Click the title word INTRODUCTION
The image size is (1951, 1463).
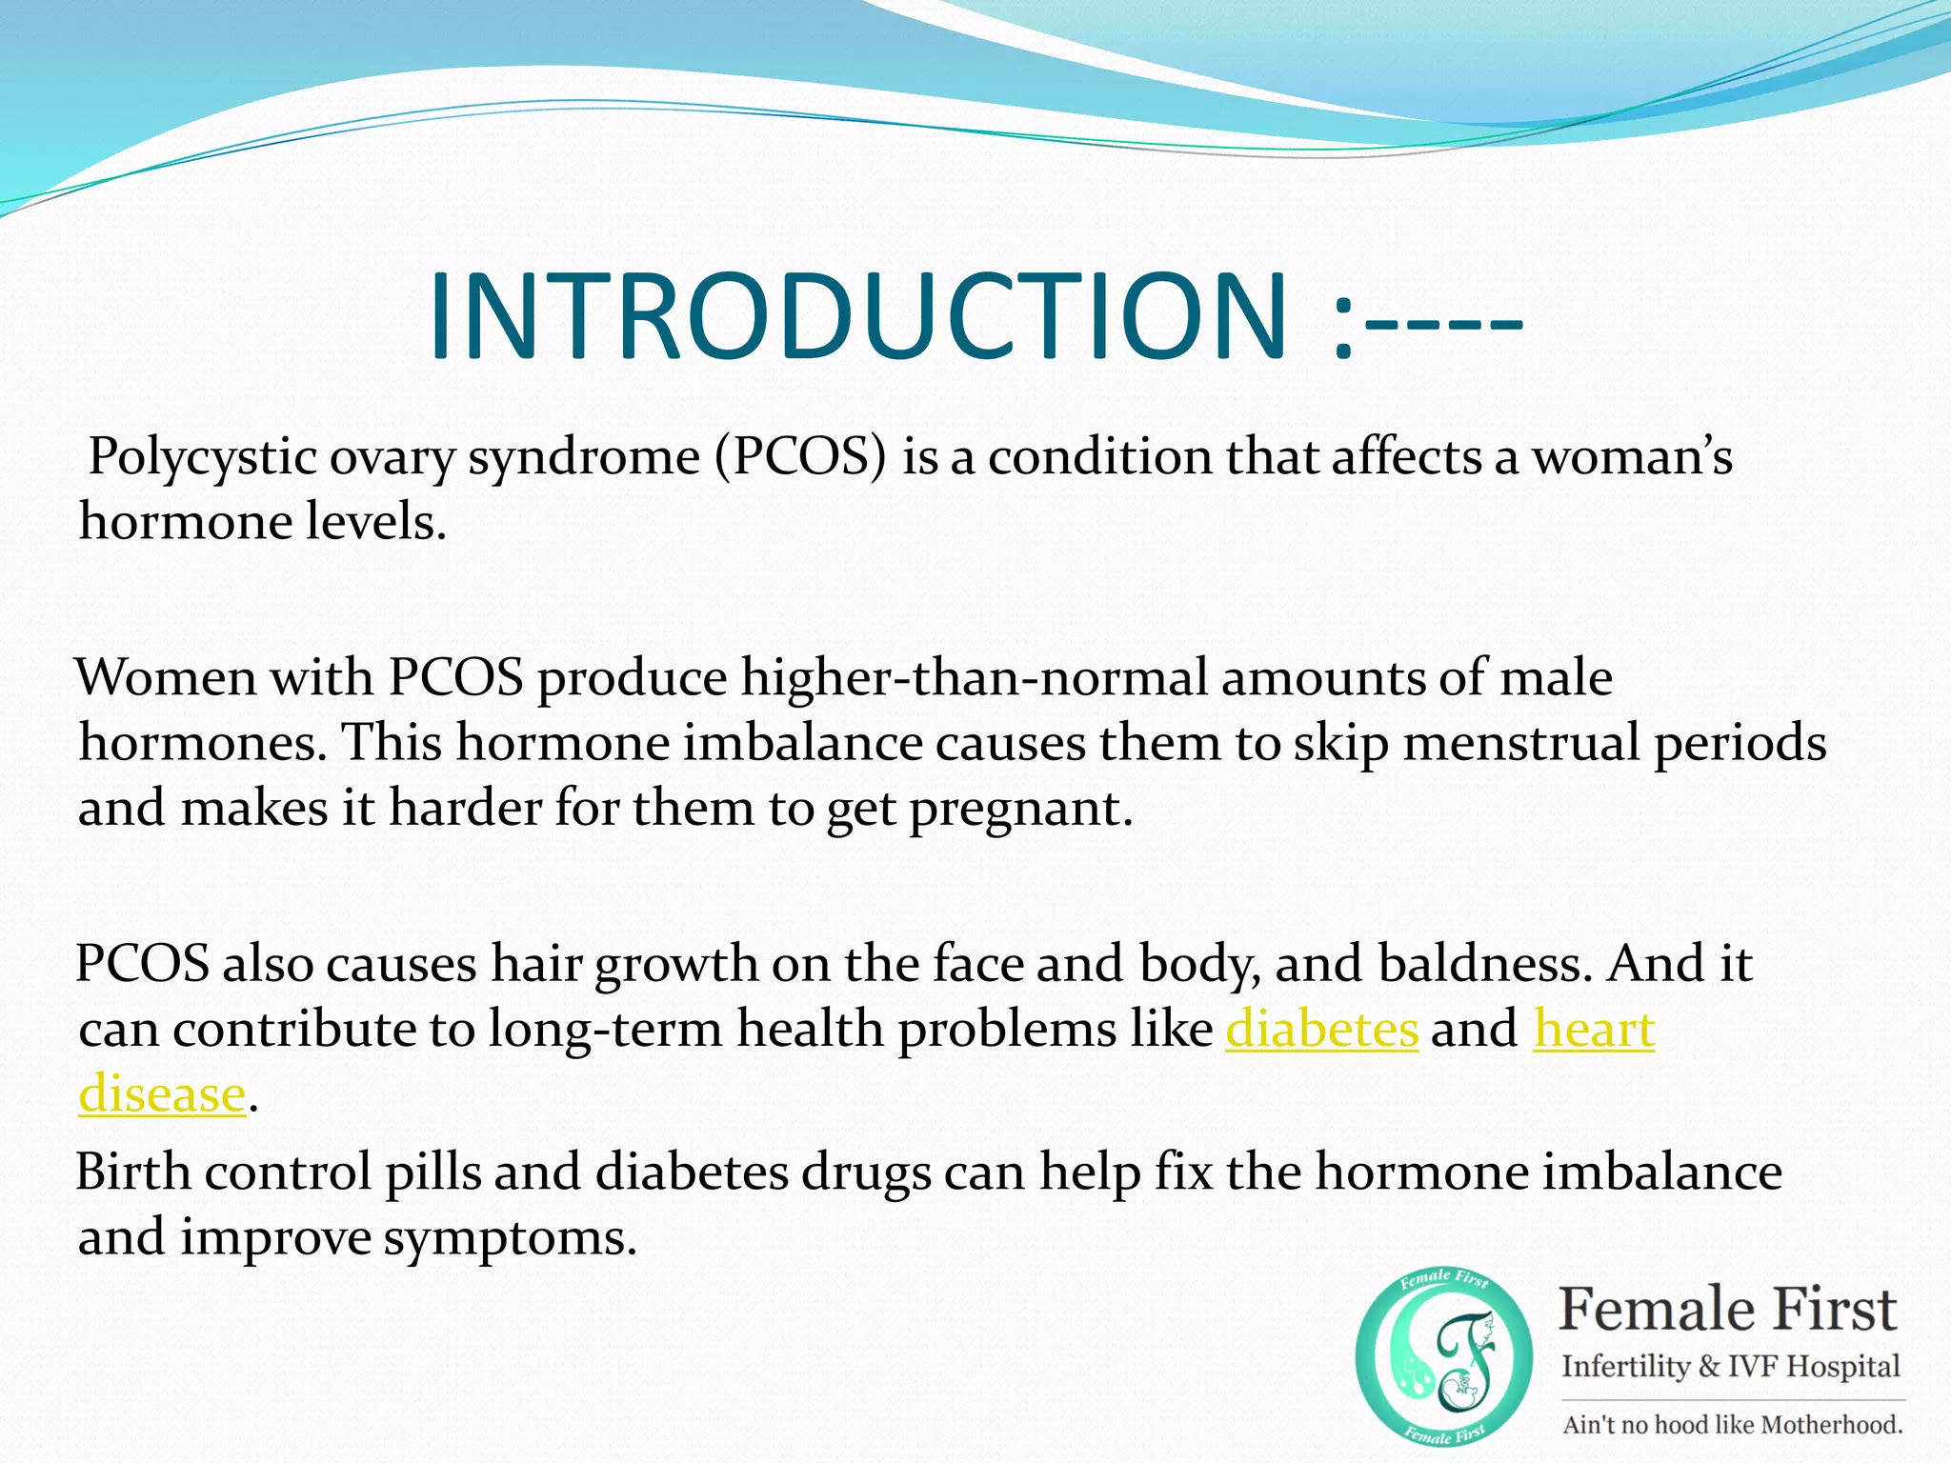(857, 317)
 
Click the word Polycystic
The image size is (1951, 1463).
(202, 457)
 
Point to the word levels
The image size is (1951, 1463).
(375, 522)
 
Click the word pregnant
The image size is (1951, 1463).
(1021, 810)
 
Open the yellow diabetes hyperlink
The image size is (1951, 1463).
(1321, 1031)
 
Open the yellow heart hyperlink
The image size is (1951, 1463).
(1594, 1031)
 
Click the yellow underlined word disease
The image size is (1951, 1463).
(162, 1095)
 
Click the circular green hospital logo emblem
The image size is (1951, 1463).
(1443, 1357)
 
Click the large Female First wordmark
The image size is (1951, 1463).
(1727, 1310)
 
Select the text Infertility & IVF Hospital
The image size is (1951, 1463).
(1730, 1367)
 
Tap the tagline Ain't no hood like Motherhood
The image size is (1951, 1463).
(1732, 1425)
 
